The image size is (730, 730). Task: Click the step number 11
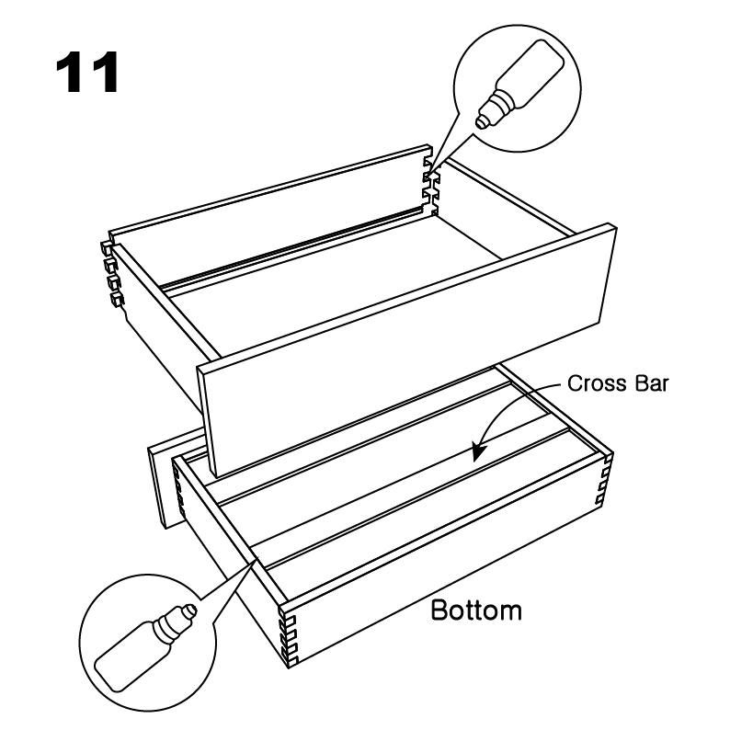point(87,73)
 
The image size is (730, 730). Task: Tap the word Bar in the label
point(651,383)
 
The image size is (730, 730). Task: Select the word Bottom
point(476,610)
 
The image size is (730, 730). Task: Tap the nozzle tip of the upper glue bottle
point(482,121)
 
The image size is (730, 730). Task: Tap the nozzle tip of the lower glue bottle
point(190,610)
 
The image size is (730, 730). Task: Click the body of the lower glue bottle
point(129,658)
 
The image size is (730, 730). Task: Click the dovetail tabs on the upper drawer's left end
point(112,274)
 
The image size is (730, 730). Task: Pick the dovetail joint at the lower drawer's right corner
point(604,480)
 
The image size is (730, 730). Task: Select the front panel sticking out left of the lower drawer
point(177,480)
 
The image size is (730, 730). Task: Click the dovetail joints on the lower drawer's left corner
point(178,494)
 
